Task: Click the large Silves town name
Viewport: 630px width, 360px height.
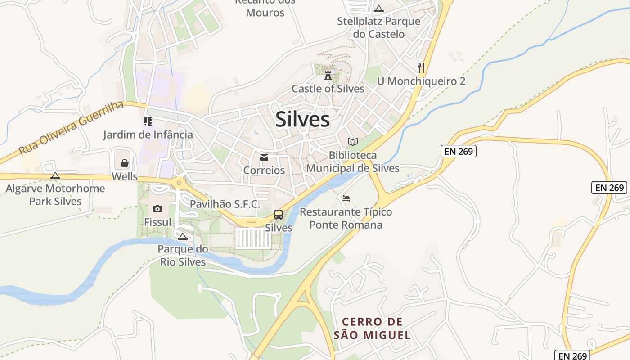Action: tap(302, 119)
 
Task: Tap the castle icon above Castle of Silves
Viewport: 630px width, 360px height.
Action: tap(328, 75)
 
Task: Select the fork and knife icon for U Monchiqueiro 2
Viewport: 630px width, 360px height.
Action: tap(421, 68)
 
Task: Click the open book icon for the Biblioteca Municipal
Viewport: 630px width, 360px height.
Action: tap(353, 142)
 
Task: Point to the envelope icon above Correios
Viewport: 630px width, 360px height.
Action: tap(264, 157)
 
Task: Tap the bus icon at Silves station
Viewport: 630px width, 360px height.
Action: tap(279, 215)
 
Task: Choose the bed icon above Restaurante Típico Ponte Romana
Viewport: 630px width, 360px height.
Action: tap(346, 198)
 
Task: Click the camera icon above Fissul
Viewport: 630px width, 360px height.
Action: tap(157, 208)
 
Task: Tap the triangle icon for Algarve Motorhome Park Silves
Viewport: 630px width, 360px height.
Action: tap(55, 175)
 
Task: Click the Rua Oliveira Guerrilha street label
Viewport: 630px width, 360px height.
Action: tap(72, 128)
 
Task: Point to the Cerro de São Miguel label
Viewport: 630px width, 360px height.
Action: tap(372, 328)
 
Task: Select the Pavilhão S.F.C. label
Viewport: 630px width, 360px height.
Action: tap(225, 204)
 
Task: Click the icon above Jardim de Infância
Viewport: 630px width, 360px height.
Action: tap(148, 121)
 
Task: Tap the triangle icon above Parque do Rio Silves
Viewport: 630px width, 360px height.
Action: tap(182, 236)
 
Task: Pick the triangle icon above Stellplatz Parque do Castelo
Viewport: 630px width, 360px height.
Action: tap(379, 9)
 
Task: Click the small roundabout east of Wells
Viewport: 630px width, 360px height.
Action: tap(180, 183)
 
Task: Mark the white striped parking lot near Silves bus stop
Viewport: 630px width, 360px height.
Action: tap(253, 238)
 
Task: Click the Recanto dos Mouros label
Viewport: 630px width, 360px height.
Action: tap(265, 7)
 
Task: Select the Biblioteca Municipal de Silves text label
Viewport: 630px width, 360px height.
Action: tap(353, 162)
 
